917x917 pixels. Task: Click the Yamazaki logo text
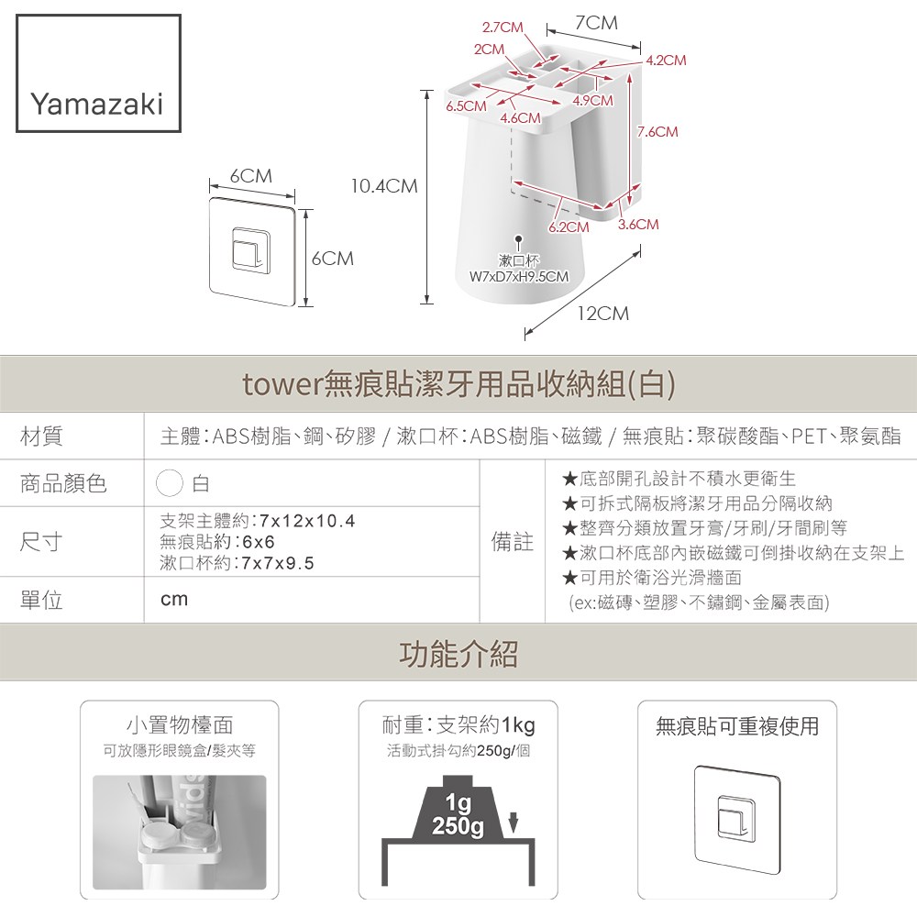(x=96, y=105)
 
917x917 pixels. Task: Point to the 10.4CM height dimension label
(x=384, y=186)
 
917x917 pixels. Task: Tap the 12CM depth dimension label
(x=603, y=314)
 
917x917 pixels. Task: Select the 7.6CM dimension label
(x=657, y=131)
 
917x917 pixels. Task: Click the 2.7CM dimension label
(x=503, y=28)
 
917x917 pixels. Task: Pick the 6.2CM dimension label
(x=569, y=226)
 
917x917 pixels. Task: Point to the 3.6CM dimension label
(x=638, y=224)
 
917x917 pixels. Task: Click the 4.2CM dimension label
(x=666, y=61)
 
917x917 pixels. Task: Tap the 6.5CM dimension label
(x=466, y=105)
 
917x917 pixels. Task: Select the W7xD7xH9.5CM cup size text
(x=519, y=276)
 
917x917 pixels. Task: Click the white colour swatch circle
(x=170, y=483)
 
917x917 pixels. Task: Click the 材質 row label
(x=41, y=436)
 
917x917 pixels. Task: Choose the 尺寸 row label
(x=41, y=542)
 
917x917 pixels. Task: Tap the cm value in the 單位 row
(x=174, y=600)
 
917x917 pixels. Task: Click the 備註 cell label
(x=513, y=542)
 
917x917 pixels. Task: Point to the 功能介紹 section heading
(x=458, y=654)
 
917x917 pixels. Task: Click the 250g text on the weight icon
(x=458, y=826)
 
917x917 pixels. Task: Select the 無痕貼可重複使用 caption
(x=737, y=725)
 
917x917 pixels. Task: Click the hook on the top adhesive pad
(x=251, y=249)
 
